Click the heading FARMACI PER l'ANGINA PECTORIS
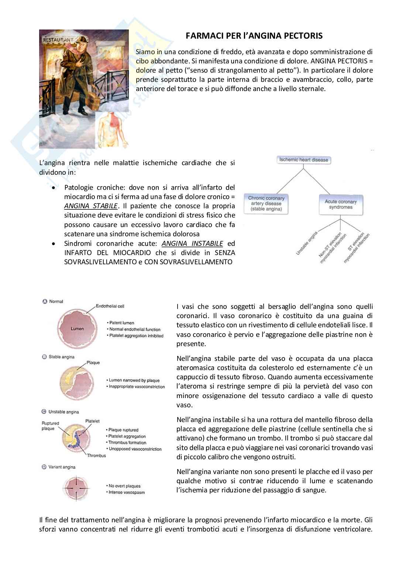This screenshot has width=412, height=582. tap(254, 36)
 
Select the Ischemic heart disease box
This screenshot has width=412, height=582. tap(303, 160)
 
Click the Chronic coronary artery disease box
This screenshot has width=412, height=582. tap(266, 204)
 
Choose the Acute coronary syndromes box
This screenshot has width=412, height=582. tap(340, 205)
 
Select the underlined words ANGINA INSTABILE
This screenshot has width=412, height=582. tap(192, 244)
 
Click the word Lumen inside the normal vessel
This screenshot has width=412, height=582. tap(77, 329)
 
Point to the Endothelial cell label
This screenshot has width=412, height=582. tap(110, 306)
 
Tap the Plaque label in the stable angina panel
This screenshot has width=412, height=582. tap(93, 363)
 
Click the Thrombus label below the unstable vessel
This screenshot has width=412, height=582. tap(96, 456)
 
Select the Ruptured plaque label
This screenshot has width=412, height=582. tap(48, 426)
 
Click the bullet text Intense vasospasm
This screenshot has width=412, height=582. tap(127, 492)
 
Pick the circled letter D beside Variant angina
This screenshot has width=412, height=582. tap(44, 467)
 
